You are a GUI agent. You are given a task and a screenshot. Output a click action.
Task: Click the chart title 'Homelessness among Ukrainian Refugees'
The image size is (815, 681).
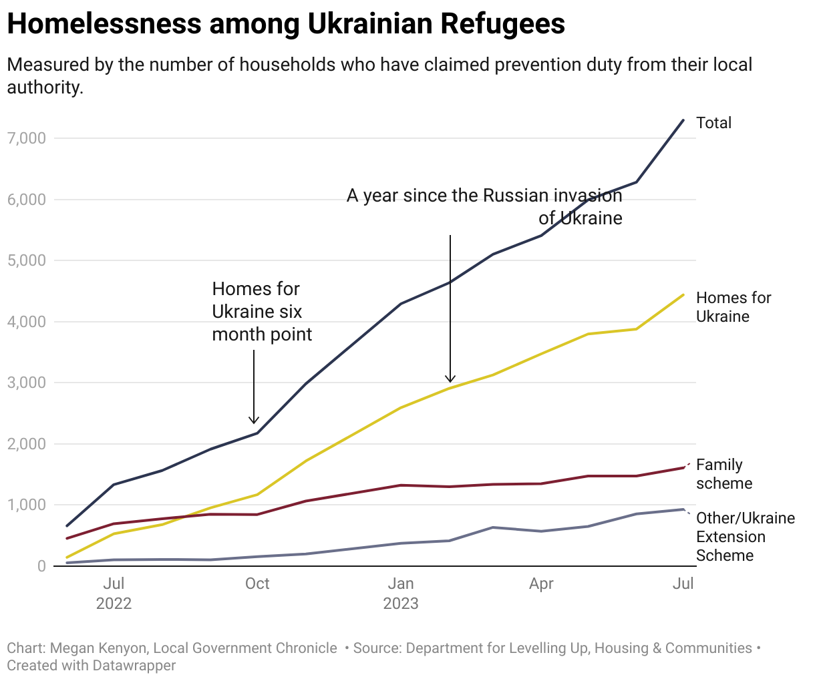tap(286, 24)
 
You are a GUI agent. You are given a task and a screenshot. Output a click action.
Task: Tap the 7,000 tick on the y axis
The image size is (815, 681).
tap(27, 138)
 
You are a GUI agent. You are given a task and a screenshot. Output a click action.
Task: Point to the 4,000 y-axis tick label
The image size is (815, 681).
tap(27, 322)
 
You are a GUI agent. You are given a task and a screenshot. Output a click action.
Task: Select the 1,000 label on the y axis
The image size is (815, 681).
tap(27, 505)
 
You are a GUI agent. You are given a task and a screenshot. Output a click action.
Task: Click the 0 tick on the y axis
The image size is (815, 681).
tap(41, 566)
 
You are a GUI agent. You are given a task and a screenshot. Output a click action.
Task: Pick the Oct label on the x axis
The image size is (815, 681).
tap(257, 584)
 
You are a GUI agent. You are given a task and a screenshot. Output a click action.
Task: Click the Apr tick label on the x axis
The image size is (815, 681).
tap(541, 584)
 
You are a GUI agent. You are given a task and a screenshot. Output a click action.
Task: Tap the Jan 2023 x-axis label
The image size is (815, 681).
tap(401, 594)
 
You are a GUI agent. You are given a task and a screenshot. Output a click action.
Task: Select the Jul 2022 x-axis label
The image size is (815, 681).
tap(114, 594)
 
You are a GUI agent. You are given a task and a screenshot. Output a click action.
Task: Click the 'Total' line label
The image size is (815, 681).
tap(713, 123)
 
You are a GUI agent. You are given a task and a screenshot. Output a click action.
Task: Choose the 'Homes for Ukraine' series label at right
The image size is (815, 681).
tap(733, 307)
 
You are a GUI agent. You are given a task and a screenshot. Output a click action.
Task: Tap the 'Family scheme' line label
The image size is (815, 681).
tap(723, 474)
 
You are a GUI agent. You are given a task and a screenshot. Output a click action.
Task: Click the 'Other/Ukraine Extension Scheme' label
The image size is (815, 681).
tap(745, 537)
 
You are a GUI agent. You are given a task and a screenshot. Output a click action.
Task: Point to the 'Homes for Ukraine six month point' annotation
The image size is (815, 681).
tap(261, 312)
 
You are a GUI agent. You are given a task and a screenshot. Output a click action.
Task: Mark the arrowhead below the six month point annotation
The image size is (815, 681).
tap(254, 421)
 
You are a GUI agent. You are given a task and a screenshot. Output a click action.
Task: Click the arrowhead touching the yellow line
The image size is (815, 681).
tap(450, 379)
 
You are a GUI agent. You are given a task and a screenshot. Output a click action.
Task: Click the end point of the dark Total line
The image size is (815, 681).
tap(683, 120)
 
